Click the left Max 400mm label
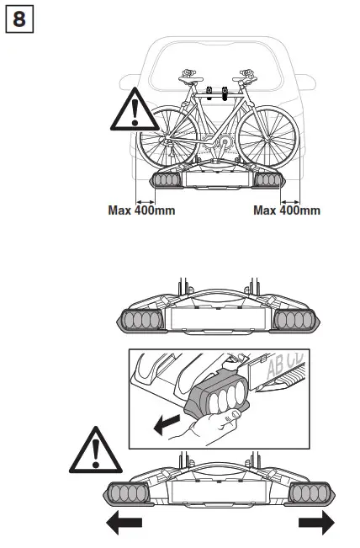(141, 210)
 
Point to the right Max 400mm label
(287, 210)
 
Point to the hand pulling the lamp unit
(209, 429)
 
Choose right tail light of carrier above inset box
(295, 321)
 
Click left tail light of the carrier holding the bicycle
(166, 180)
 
